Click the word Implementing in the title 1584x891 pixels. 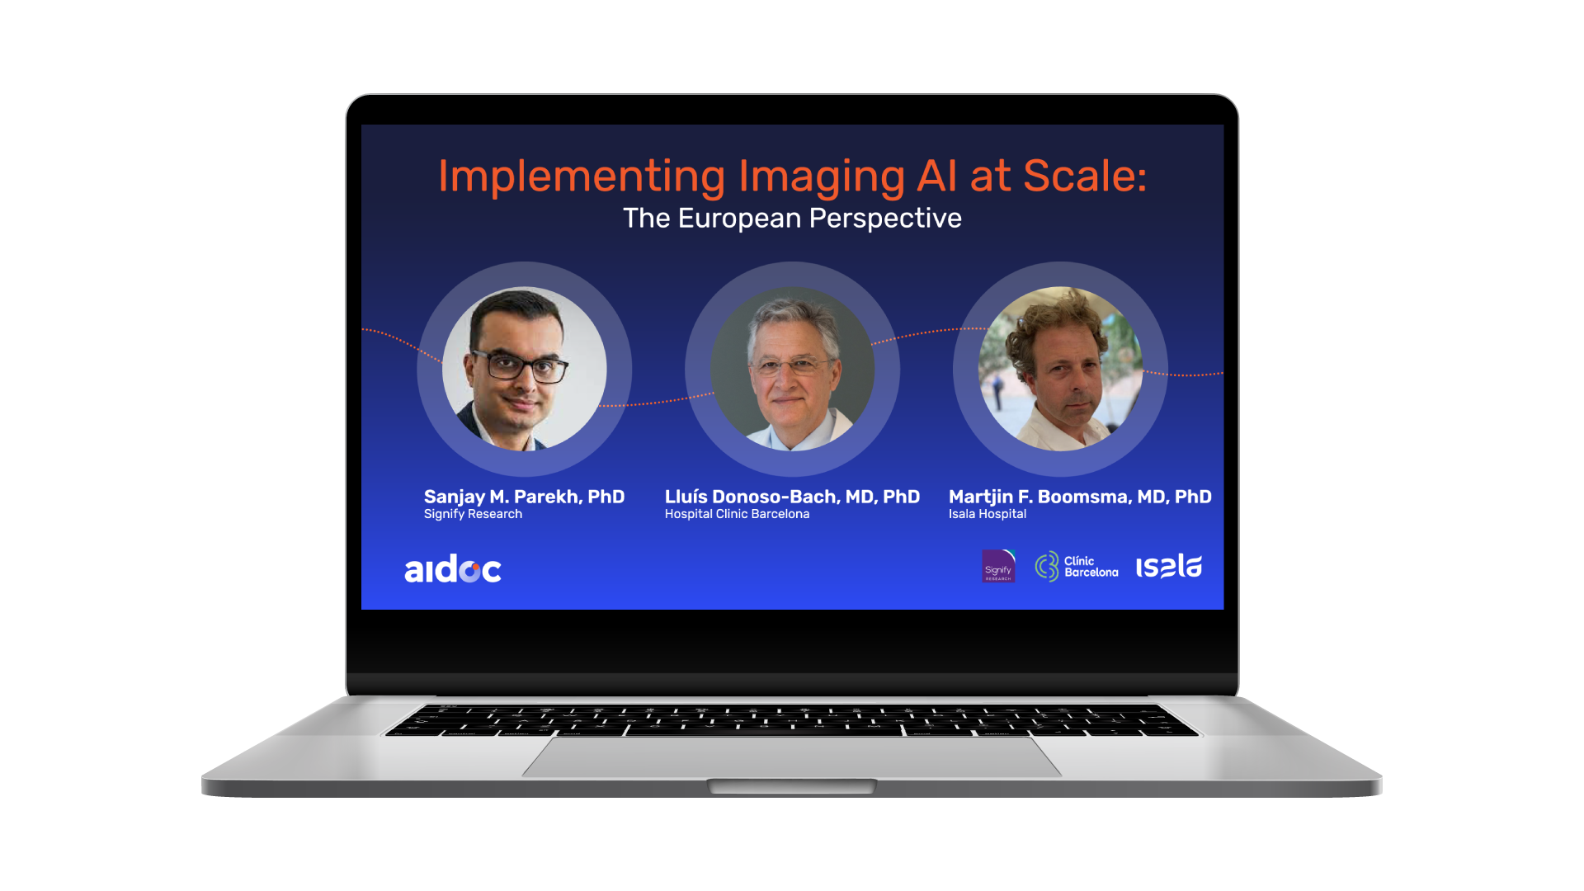(x=582, y=177)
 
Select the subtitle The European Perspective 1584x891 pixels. (x=792, y=218)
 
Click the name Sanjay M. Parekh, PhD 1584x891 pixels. (x=524, y=497)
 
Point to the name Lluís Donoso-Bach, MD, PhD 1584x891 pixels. (x=792, y=497)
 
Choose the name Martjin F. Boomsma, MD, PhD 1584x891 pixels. (x=1080, y=497)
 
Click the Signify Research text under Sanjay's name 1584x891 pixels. (x=473, y=514)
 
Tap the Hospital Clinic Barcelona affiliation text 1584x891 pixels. (x=737, y=514)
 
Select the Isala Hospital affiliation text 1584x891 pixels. (x=988, y=514)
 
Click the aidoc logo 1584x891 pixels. (x=453, y=568)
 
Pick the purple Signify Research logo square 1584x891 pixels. (x=998, y=566)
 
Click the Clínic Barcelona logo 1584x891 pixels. (x=1077, y=567)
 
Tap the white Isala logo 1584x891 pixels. (x=1169, y=566)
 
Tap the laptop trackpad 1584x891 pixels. (x=792, y=757)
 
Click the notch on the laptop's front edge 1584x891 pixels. (x=792, y=785)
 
